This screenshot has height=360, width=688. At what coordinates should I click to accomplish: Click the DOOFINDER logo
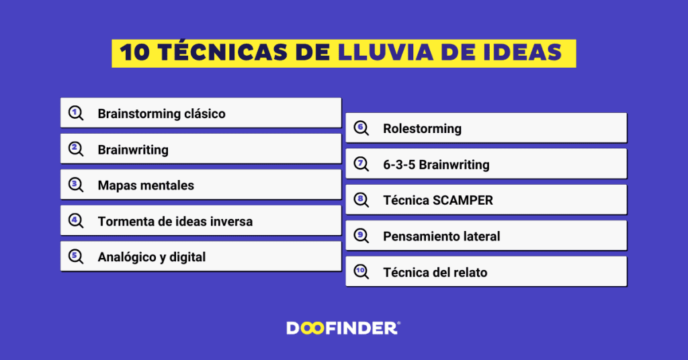click(343, 328)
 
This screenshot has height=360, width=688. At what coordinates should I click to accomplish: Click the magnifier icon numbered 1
click(77, 114)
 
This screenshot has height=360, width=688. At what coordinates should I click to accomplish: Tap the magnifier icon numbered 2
click(77, 149)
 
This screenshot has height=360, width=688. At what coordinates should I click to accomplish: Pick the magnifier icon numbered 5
click(77, 257)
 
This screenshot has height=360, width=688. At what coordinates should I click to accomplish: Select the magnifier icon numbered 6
click(361, 128)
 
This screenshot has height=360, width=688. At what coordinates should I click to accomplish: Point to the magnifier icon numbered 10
click(361, 272)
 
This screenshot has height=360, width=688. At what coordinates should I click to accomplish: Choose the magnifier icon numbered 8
click(361, 200)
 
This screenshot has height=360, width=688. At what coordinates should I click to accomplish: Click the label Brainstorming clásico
click(161, 114)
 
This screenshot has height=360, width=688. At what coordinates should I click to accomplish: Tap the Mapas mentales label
click(146, 185)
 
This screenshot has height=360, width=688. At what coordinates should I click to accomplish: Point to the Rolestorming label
click(422, 128)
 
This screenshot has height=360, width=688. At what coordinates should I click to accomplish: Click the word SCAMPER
click(460, 200)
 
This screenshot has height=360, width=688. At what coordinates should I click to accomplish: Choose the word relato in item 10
click(469, 272)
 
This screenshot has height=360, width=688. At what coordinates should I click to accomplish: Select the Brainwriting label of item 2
click(133, 150)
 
